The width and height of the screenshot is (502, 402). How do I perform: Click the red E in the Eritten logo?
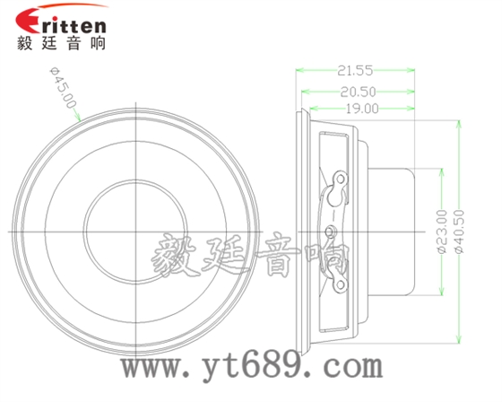[28, 21]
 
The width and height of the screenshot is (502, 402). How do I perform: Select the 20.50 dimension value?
[357, 90]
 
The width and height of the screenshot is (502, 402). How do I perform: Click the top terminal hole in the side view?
[341, 178]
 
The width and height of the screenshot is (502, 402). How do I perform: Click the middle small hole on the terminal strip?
[329, 231]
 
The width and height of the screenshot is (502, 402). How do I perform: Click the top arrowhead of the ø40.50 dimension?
[459, 123]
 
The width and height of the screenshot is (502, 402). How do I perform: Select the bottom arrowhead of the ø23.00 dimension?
[440, 292]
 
